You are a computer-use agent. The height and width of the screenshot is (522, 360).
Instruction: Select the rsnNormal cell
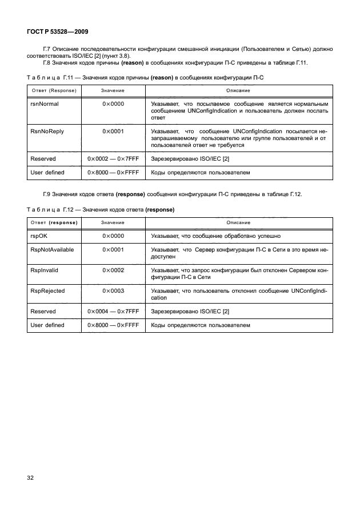(44, 104)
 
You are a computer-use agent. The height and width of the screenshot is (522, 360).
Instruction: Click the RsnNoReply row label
(46, 131)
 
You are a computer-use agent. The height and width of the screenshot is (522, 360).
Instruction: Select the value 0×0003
(113, 290)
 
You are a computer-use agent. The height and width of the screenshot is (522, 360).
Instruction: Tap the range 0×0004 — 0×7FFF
(114, 311)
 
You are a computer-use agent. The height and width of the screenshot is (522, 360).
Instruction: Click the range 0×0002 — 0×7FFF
(114, 158)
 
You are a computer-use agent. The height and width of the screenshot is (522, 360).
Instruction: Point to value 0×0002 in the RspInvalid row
(113, 270)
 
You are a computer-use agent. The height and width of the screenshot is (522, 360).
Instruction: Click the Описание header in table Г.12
(238, 222)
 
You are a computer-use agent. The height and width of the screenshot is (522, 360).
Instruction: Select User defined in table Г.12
(47, 325)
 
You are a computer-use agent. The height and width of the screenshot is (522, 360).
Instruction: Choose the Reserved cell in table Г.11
(43, 158)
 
